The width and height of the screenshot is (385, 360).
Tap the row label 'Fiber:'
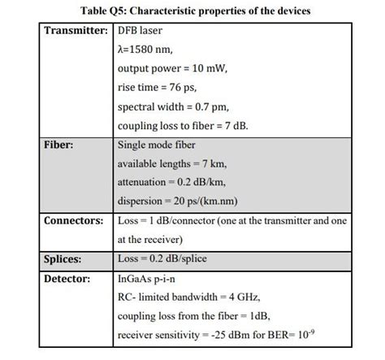59,145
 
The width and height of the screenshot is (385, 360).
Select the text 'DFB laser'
141,30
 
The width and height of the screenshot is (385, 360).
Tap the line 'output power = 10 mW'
172,68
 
